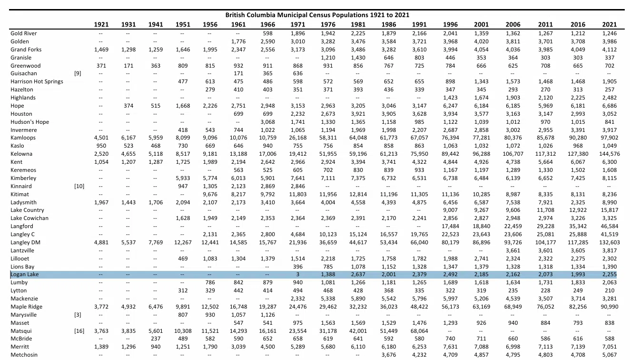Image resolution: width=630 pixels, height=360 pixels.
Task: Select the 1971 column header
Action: tap(298, 24)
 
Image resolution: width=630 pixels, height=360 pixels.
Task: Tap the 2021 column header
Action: tap(610, 24)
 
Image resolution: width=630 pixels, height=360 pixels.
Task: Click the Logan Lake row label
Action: tap(24, 274)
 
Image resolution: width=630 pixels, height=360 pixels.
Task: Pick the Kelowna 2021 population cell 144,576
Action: tap(610, 154)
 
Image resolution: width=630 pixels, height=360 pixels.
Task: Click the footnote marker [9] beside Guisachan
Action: tap(78, 73)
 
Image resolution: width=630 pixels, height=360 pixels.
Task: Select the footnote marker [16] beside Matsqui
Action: tap(79, 331)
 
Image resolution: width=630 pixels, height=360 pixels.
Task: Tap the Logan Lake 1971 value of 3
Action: tap(298, 274)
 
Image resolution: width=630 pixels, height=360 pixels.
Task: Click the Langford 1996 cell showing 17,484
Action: tap(450, 226)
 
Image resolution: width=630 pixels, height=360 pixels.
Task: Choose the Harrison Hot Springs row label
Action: tap(37, 81)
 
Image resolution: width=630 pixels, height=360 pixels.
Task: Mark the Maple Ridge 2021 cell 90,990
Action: tap(610, 307)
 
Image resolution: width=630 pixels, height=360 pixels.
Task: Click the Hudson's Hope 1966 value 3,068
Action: tap(267, 122)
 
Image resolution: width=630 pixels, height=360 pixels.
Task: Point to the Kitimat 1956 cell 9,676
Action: tap(210, 194)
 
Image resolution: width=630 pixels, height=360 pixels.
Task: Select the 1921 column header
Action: tap(101, 24)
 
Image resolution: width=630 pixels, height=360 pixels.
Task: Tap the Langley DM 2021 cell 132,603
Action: tap(610, 242)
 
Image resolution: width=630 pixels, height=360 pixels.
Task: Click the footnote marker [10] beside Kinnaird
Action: tap(79, 186)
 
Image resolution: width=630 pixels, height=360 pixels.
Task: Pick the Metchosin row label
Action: tap(24, 355)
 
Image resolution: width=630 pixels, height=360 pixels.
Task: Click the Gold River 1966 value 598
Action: tap(268, 33)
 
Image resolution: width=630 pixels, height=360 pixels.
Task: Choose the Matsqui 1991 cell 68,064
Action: tap(419, 331)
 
